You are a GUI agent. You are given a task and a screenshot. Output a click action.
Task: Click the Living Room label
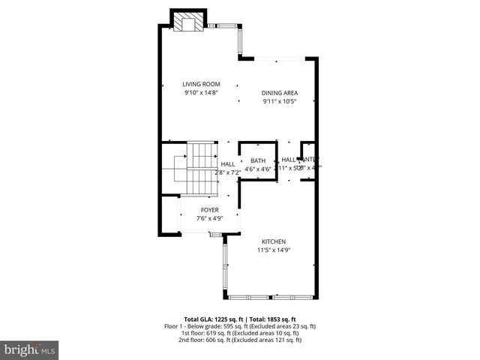201,84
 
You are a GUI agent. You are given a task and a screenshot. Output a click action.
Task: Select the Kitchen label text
274,241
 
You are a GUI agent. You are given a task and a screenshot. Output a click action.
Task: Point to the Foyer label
210,210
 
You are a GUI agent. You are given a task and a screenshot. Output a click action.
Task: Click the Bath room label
258,160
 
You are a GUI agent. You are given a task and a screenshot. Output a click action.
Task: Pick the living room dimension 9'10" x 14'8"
201,92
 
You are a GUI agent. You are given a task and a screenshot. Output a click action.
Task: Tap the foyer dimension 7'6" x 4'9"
210,218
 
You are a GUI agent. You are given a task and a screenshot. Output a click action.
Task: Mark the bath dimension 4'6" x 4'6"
258,169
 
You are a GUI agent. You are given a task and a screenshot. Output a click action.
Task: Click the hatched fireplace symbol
188,22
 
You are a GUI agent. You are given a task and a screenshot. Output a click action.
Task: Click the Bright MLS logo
30,349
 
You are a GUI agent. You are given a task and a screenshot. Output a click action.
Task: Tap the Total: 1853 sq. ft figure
272,319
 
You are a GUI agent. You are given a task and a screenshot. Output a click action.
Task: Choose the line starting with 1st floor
240,333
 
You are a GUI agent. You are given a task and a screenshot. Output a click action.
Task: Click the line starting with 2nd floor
240,340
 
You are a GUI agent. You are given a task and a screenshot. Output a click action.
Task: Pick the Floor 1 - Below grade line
240,326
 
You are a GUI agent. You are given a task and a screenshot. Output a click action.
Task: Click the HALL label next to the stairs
228,163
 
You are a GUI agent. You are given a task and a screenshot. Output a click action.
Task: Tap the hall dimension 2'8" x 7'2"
227,172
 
